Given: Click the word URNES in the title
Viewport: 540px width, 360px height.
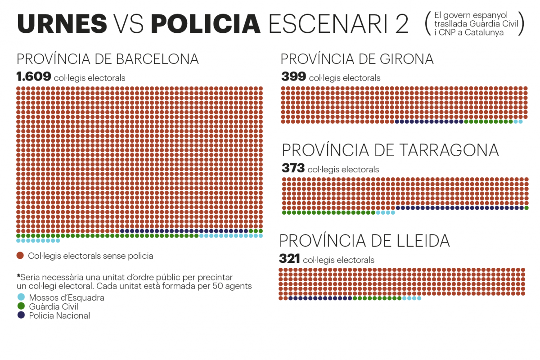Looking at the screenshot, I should [x=62, y=23].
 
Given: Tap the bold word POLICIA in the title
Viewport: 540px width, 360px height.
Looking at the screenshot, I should [x=206, y=23].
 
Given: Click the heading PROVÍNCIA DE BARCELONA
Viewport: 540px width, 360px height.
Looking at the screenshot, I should [x=108, y=59].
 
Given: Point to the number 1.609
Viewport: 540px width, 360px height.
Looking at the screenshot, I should [x=33, y=77].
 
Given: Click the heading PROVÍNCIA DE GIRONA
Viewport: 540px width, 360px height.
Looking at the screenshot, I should [x=357, y=59].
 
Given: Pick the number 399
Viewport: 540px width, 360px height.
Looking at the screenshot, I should [x=293, y=77].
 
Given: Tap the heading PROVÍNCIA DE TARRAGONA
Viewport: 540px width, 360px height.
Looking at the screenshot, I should [x=390, y=150].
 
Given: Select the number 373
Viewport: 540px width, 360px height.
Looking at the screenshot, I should [x=293, y=169].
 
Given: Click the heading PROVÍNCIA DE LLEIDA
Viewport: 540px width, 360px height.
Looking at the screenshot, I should [x=364, y=241].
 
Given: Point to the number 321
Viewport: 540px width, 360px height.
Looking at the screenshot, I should [x=289, y=259].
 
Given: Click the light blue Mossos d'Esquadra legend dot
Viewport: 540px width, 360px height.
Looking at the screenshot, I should [x=21, y=297].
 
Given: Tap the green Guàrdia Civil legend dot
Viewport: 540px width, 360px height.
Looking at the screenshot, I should [x=21, y=306].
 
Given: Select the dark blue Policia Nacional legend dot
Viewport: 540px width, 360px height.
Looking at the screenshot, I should [x=21, y=315].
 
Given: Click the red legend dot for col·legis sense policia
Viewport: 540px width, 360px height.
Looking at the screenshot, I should [x=20, y=256].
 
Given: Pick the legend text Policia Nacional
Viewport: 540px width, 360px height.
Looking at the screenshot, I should [x=59, y=315].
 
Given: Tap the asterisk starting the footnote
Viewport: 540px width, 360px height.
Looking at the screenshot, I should [x=18, y=276].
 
